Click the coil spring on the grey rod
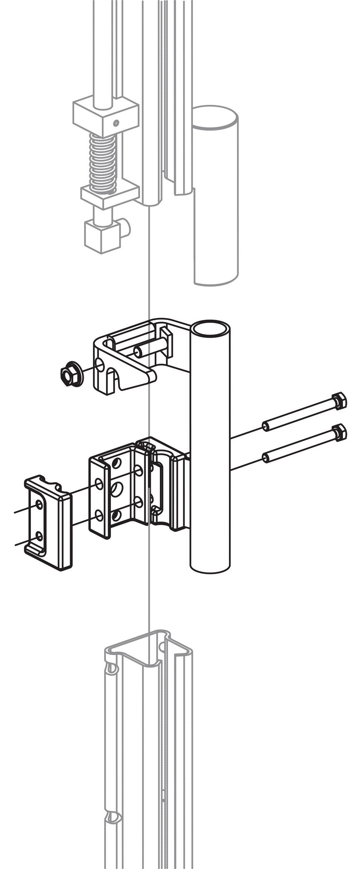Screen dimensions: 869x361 102,164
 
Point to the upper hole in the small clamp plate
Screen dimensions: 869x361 39,504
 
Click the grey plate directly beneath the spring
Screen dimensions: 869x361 109,194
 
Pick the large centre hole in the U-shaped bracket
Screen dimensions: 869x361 117,489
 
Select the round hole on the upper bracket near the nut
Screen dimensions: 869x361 100,364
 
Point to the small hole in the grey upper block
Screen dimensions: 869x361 116,122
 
